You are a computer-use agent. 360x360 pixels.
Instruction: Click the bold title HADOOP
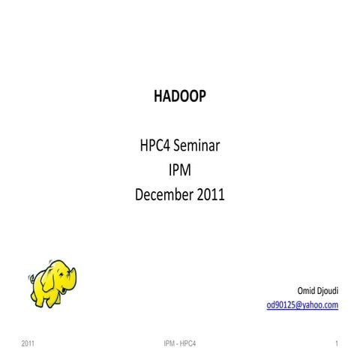179,97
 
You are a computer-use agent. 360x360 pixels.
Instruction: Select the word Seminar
196,147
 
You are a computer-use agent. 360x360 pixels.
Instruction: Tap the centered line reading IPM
180,171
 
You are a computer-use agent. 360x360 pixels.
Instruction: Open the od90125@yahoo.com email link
302,304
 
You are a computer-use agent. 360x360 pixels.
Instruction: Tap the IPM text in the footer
169,343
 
